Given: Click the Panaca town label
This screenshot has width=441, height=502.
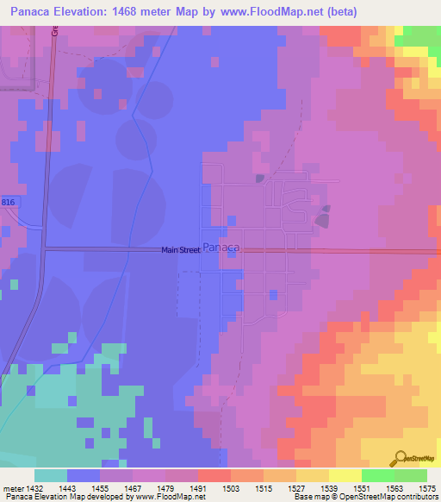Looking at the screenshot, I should (x=220, y=246).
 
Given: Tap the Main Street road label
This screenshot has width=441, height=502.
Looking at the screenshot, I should (x=181, y=251).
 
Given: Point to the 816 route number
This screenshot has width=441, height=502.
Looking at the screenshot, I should (x=8, y=200).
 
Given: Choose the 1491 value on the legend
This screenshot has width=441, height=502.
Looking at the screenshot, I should (x=197, y=487).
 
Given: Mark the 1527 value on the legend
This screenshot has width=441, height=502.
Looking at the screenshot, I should (x=297, y=487).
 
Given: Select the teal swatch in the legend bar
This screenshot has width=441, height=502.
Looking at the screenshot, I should (x=51, y=475).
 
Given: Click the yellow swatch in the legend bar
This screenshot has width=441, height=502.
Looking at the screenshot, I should (x=345, y=475).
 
